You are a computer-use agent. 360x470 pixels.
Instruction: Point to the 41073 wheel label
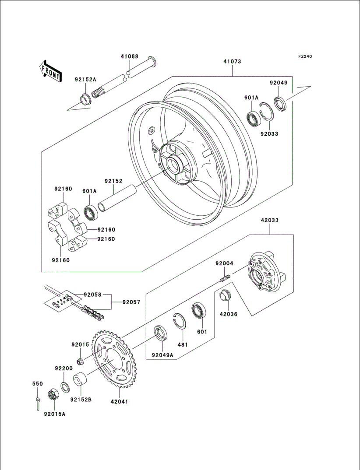[x=232, y=62]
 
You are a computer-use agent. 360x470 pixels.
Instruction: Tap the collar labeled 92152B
[x=79, y=379]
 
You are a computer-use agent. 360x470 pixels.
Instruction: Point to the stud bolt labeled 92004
[x=224, y=278]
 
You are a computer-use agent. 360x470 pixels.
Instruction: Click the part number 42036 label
[x=228, y=314]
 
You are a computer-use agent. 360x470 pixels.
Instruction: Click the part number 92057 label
[x=131, y=302]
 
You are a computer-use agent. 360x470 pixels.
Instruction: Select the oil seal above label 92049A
[x=160, y=333]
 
